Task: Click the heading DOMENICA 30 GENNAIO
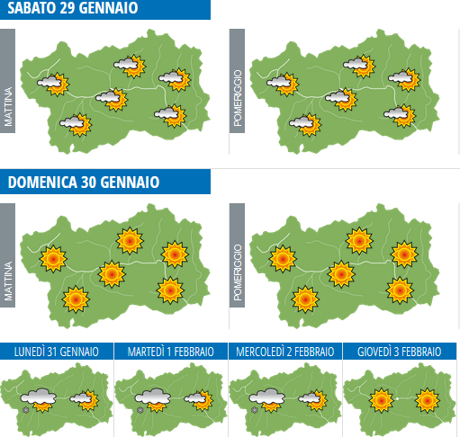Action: (x=84, y=183)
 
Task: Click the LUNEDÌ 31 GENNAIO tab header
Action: (x=57, y=352)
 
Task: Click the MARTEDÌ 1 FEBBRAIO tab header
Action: (x=171, y=352)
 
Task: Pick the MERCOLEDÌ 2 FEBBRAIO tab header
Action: (x=285, y=352)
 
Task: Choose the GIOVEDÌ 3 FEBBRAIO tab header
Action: (x=400, y=352)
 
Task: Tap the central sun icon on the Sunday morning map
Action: (x=111, y=272)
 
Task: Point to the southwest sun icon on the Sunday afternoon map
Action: (x=305, y=297)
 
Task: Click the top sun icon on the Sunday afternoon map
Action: (x=360, y=240)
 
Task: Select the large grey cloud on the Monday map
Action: (x=39, y=397)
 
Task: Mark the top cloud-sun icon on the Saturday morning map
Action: (x=131, y=66)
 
